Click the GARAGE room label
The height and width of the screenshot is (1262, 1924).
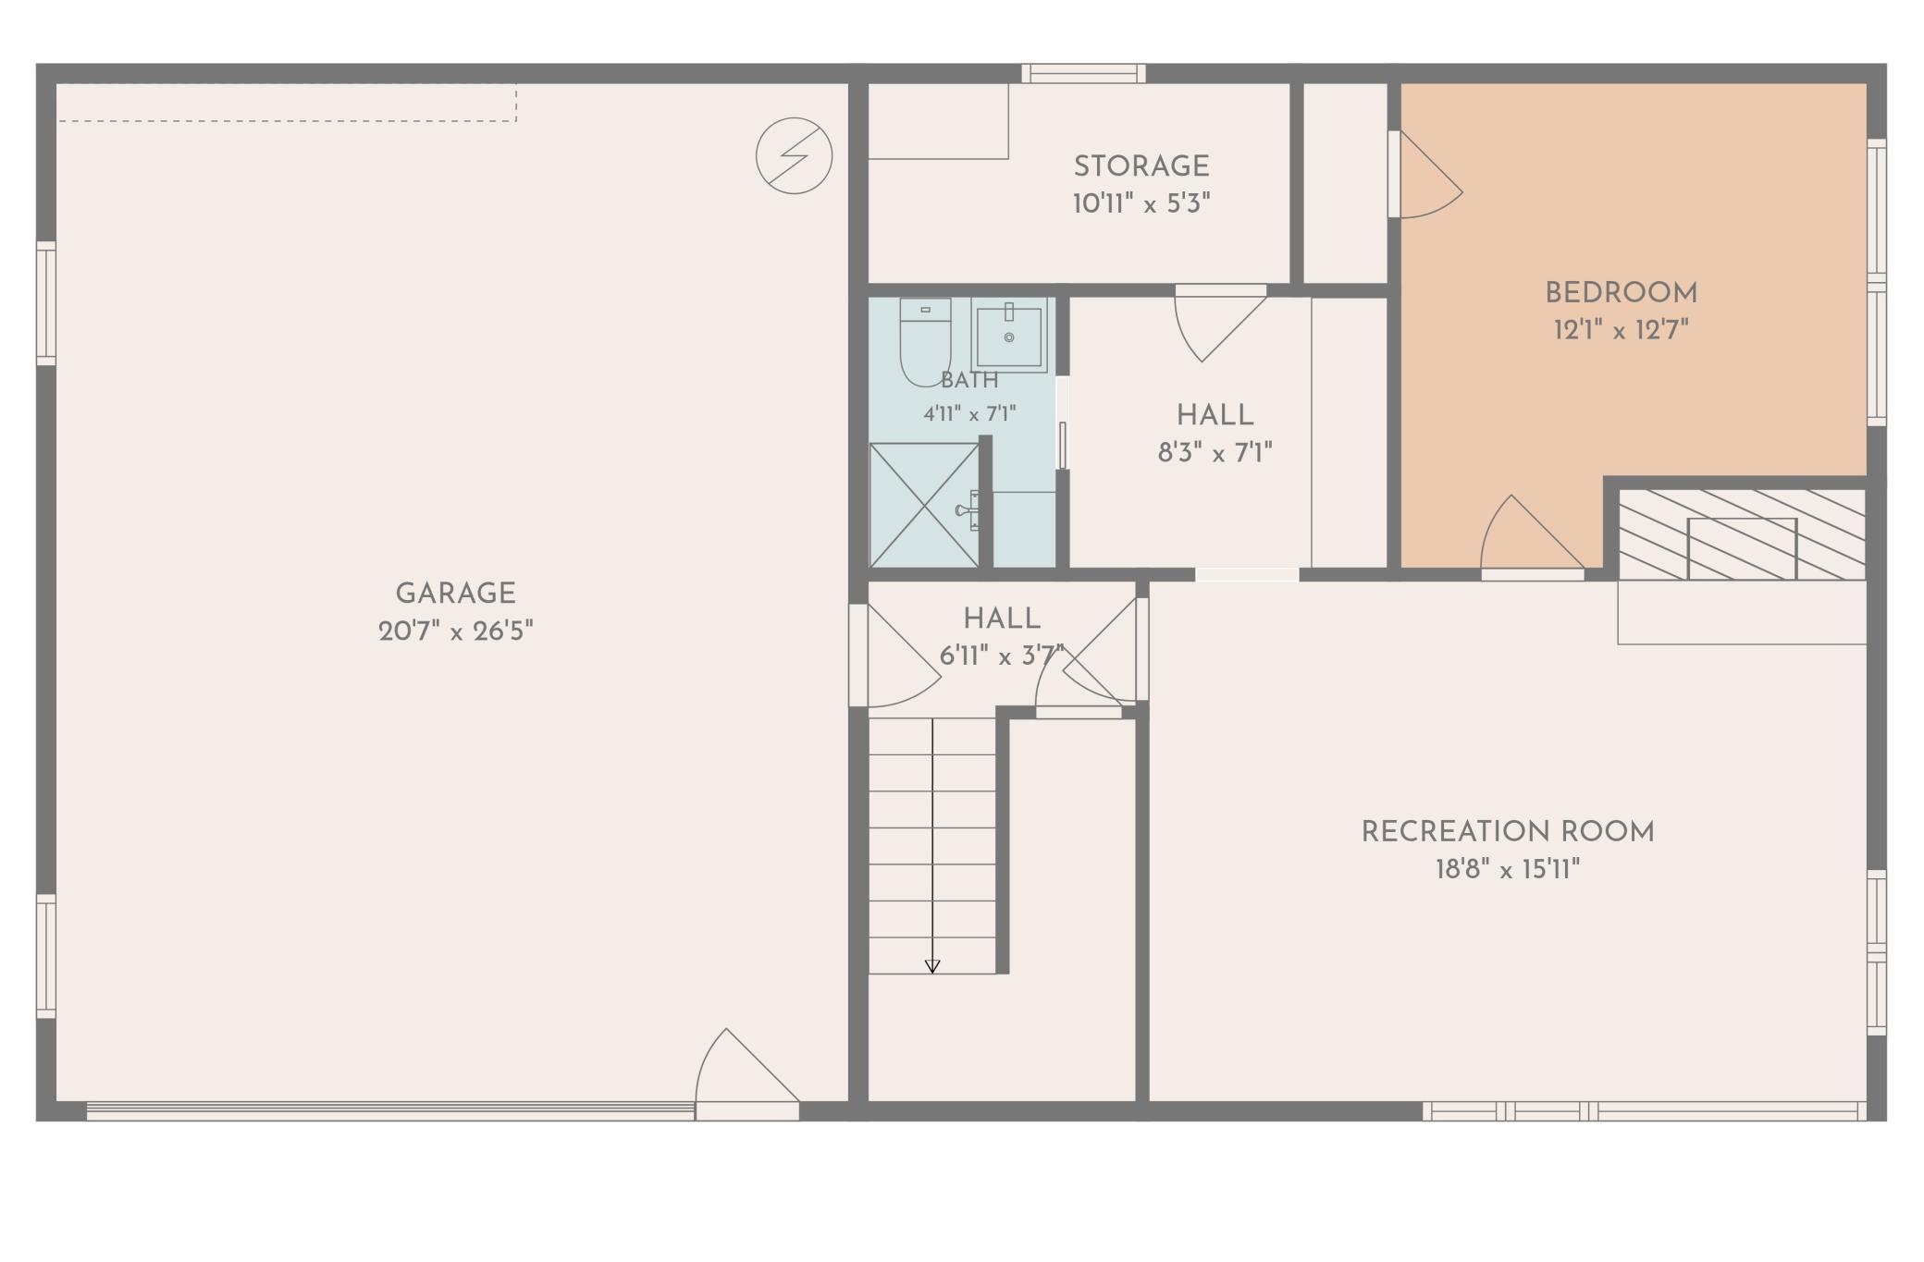click(455, 594)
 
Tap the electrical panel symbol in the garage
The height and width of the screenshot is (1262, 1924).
click(794, 155)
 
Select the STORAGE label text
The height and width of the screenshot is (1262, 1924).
click(1141, 166)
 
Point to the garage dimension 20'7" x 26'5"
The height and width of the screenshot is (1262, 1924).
click(455, 631)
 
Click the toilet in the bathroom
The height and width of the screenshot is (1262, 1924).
click(925, 340)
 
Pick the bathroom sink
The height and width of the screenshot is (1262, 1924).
click(1008, 335)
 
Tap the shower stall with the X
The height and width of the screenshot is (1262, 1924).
click(924, 505)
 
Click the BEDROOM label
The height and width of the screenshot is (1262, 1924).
click(1621, 293)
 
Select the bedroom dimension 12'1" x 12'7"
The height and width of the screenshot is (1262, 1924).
click(1621, 330)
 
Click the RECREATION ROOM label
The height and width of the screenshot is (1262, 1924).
click(1508, 832)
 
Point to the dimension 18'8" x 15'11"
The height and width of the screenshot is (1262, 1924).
click(1508, 870)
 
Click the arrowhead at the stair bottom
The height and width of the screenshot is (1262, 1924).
click(932, 966)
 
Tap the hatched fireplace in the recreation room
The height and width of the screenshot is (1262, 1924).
click(1742, 534)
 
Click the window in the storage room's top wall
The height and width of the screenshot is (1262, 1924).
click(1083, 74)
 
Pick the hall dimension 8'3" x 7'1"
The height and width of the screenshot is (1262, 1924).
click(1215, 453)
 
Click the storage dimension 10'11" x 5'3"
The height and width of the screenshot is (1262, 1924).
click(1141, 203)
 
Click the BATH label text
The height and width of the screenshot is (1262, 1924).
click(969, 380)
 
